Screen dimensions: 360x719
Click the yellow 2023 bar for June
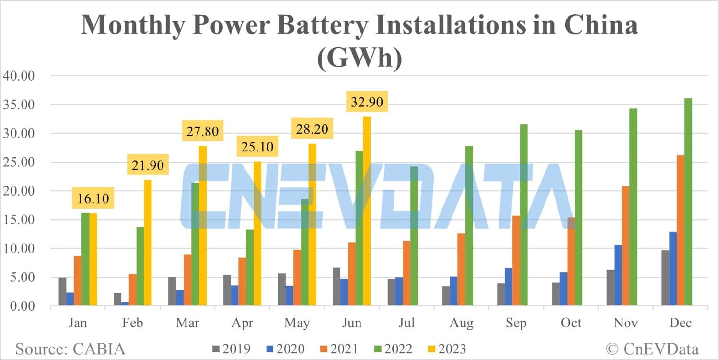367,211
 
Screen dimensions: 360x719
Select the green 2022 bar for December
688,202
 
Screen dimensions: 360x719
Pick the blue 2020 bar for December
673,268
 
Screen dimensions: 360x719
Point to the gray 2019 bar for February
117,299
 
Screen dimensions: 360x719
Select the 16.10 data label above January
93,197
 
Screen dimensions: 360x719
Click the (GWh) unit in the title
359,61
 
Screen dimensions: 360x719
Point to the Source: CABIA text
70,348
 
